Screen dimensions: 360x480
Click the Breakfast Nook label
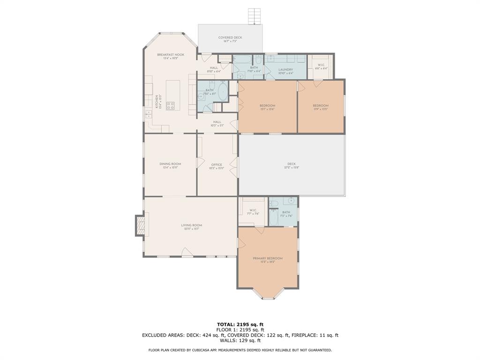171,55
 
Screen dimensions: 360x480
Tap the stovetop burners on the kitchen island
170,105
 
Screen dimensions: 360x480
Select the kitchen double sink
149,114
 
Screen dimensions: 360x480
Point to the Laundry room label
285,69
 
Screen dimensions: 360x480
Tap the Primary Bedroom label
268,258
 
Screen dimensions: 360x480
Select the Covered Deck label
230,37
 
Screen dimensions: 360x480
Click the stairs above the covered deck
254,16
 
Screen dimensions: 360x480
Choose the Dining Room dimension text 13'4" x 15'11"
170,167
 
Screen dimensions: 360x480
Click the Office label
217,165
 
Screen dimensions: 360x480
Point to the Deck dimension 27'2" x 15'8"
292,167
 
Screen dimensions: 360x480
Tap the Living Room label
191,225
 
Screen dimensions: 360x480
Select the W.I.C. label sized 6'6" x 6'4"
321,65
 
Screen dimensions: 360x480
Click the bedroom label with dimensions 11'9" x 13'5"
321,105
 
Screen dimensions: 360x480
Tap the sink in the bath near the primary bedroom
291,201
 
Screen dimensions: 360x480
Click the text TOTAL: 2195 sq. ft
240,324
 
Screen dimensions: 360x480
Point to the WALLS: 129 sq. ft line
240,340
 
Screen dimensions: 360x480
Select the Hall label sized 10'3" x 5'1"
217,122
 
